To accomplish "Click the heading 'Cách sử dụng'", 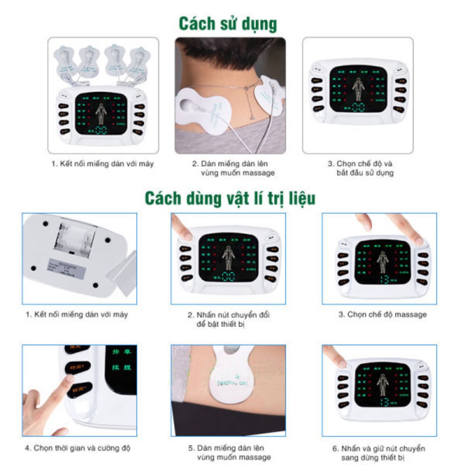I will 228,23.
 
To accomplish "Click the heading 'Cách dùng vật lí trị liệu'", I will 230,198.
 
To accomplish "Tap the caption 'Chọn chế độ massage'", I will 382,314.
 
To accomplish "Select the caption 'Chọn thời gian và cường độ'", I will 78,448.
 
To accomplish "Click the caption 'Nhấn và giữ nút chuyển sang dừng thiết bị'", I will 379,453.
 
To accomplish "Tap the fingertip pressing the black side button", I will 68,379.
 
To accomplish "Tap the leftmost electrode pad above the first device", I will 65,59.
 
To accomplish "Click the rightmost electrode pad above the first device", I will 139,61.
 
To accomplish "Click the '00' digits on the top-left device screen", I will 101,130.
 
